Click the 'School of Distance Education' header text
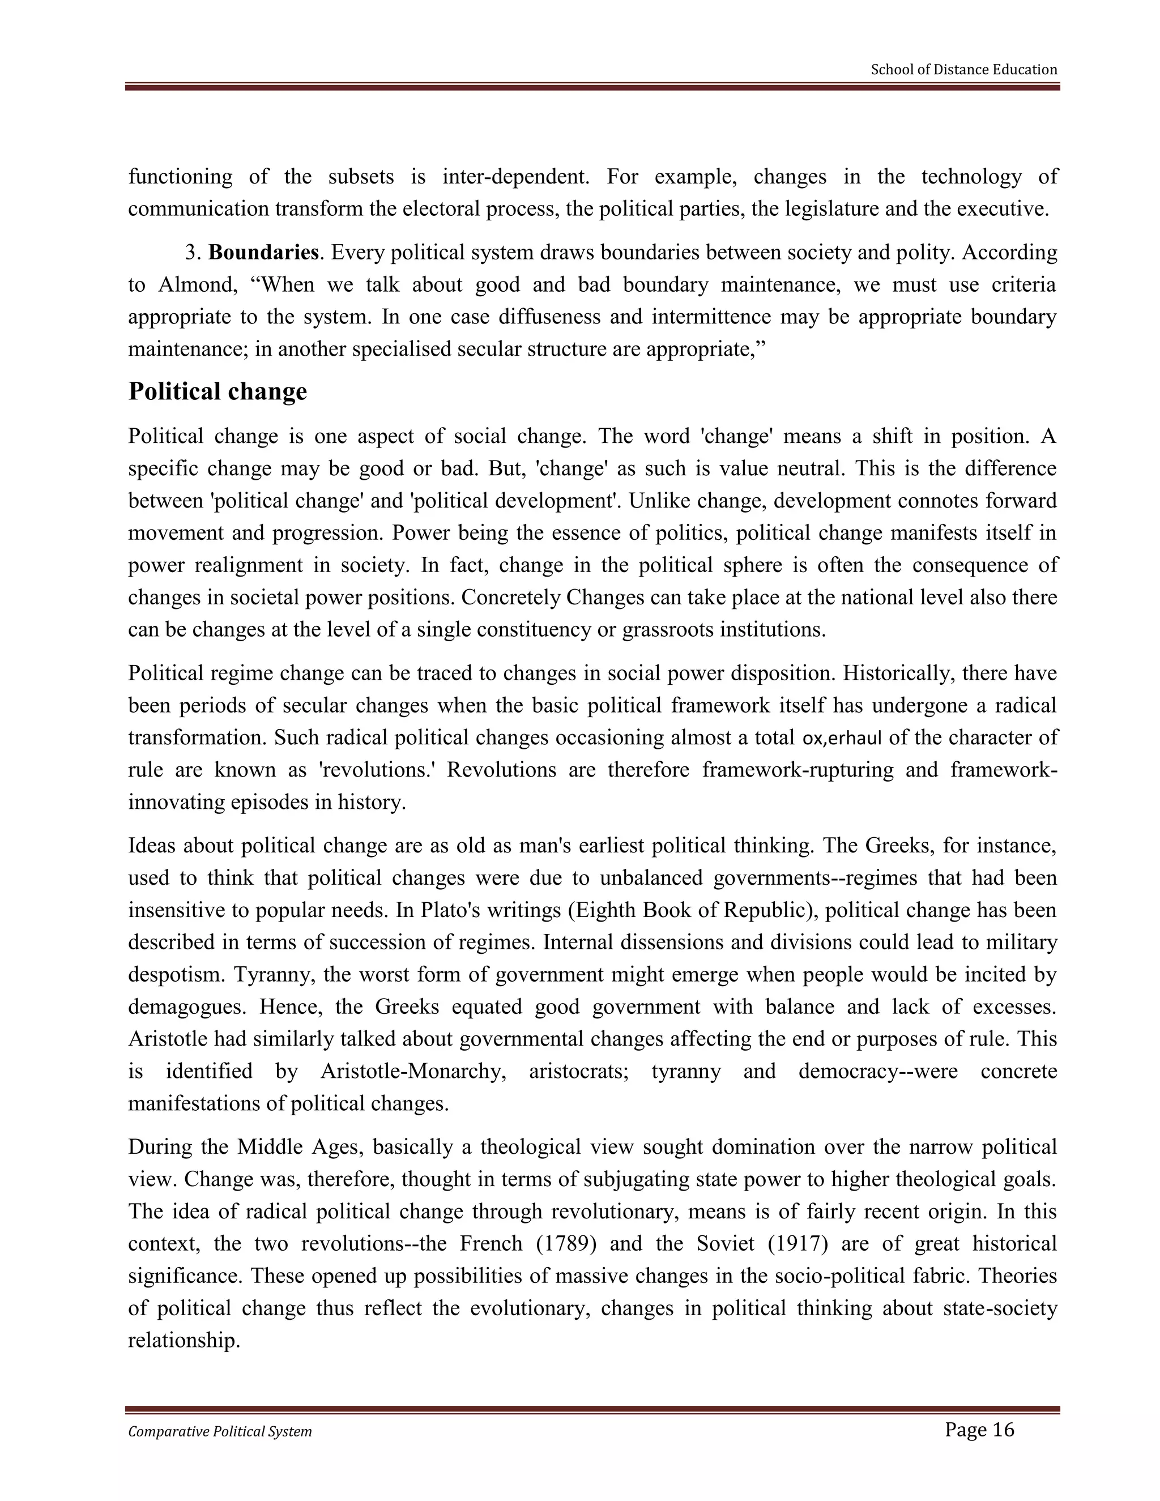(963, 70)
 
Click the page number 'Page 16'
(979, 1430)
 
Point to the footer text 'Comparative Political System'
(220, 1431)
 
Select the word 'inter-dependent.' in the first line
(515, 177)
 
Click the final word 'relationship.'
(184, 1340)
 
